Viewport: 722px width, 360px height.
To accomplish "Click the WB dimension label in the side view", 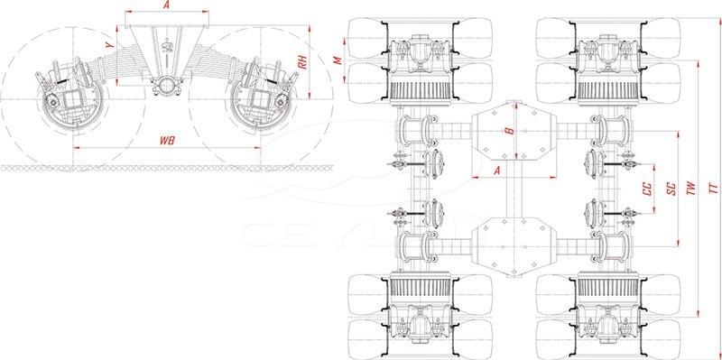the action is [x=167, y=141].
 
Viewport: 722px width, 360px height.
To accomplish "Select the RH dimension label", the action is [x=302, y=63].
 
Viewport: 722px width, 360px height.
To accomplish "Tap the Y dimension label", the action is [x=108, y=45].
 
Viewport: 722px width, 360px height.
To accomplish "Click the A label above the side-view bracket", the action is [x=167, y=5].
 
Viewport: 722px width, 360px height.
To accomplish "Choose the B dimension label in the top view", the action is [x=509, y=130].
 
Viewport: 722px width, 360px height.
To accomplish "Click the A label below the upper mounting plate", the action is [x=496, y=170].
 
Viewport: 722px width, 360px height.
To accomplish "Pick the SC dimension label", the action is [x=671, y=189].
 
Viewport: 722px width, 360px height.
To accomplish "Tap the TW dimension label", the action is [x=690, y=189].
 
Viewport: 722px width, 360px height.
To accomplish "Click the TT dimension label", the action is [x=712, y=189].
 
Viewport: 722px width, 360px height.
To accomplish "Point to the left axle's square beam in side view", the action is [x=71, y=98].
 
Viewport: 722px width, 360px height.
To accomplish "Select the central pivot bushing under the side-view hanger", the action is [x=167, y=86].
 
